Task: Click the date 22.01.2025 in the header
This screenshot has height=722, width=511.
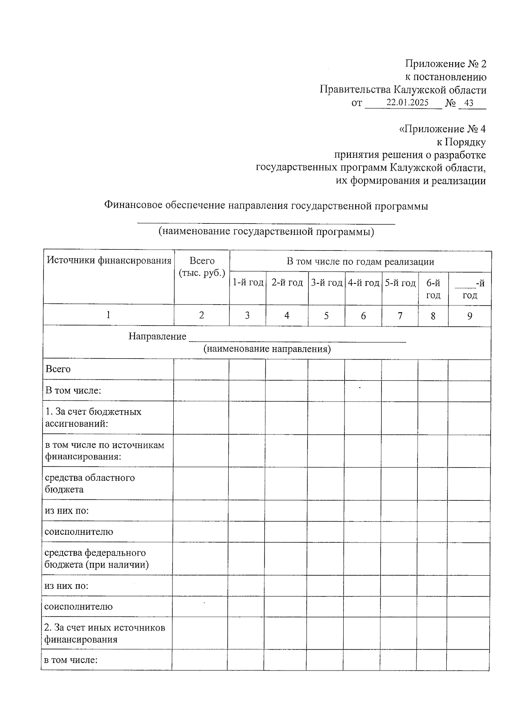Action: click(407, 103)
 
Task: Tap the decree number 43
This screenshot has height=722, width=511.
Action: click(469, 103)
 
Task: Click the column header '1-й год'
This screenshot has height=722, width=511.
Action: click(247, 283)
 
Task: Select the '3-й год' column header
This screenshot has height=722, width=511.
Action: click(327, 283)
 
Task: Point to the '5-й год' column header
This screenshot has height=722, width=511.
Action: click(400, 283)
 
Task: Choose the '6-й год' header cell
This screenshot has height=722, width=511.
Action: click(433, 289)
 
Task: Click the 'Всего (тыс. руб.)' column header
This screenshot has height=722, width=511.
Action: click(202, 267)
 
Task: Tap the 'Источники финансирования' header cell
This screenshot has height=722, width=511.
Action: click(109, 260)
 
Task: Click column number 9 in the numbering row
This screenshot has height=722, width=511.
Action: click(470, 316)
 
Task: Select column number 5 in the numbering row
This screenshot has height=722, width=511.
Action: click(327, 316)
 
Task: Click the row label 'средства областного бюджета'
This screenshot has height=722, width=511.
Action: click(90, 483)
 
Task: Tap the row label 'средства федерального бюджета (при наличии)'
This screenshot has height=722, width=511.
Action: click(97, 559)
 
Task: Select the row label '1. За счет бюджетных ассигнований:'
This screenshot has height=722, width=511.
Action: click(93, 418)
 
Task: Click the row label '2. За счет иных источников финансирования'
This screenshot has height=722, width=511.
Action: click(105, 634)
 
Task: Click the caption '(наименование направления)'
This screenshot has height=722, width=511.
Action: click(267, 349)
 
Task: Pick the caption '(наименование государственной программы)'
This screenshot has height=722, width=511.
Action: click(266, 232)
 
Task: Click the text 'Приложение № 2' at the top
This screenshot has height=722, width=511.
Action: click(445, 64)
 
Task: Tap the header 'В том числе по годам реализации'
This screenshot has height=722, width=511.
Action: click(360, 262)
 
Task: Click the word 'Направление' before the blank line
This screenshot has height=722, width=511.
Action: click(158, 337)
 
